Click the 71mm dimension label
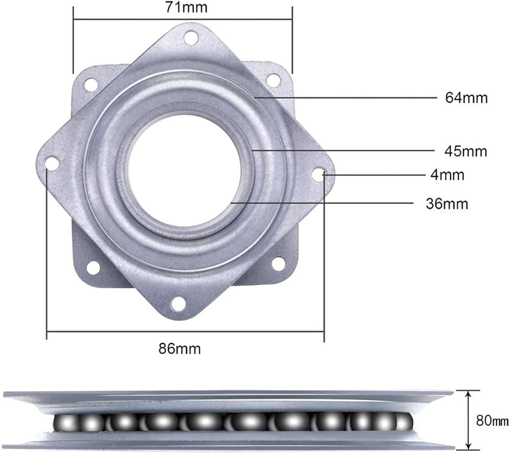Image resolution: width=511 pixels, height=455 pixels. pos(186,7)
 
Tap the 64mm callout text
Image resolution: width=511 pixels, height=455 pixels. pos(467,98)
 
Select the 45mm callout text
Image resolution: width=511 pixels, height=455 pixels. pos(466,151)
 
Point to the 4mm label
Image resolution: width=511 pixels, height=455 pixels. pos(447,175)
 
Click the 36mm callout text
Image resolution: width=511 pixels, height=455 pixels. pos(447,204)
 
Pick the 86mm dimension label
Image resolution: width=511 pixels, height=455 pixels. pos(179,349)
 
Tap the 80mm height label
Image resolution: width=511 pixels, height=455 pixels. pos(492,421)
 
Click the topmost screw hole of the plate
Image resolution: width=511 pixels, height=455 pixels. pos(191,37)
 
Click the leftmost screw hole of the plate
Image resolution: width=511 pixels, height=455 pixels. pos(52,163)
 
